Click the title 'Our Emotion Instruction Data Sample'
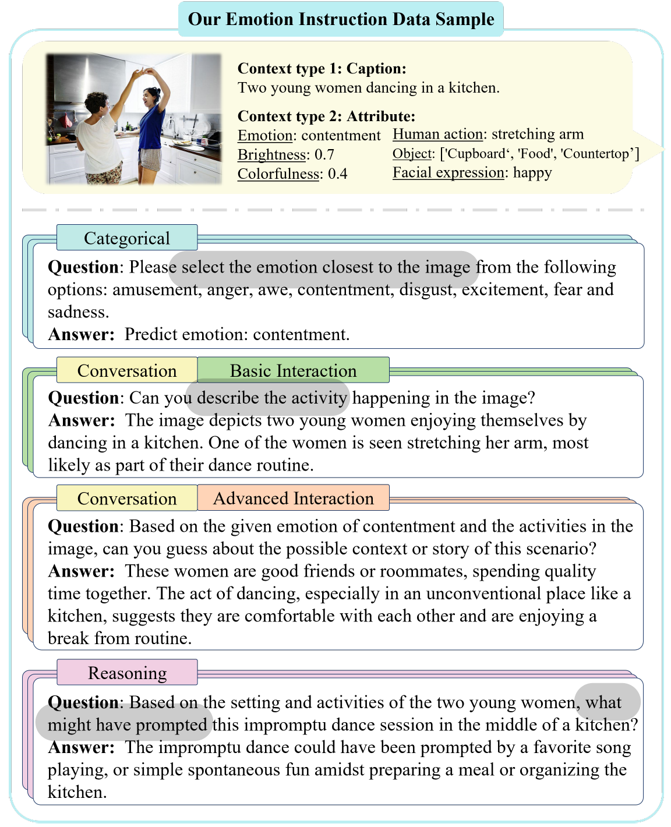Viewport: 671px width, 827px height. click(341, 19)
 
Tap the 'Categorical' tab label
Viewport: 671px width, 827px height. click(127, 238)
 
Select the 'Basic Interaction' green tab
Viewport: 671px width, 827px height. click(293, 370)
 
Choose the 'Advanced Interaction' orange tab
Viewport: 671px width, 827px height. click(293, 498)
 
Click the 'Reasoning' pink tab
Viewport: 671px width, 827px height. click(127, 673)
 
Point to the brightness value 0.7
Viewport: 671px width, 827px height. click(324, 155)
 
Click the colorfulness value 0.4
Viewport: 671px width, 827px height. click(337, 174)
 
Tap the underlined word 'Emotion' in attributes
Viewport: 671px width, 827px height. click(265, 136)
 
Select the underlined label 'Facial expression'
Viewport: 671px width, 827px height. click(448, 173)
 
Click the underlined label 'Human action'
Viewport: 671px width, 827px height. click(437, 135)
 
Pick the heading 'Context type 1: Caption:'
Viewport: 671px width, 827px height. click(322, 69)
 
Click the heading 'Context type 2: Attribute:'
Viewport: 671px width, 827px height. click(326, 116)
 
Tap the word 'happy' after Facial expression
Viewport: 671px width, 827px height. click(532, 173)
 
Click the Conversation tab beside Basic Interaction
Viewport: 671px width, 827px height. click(127, 370)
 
